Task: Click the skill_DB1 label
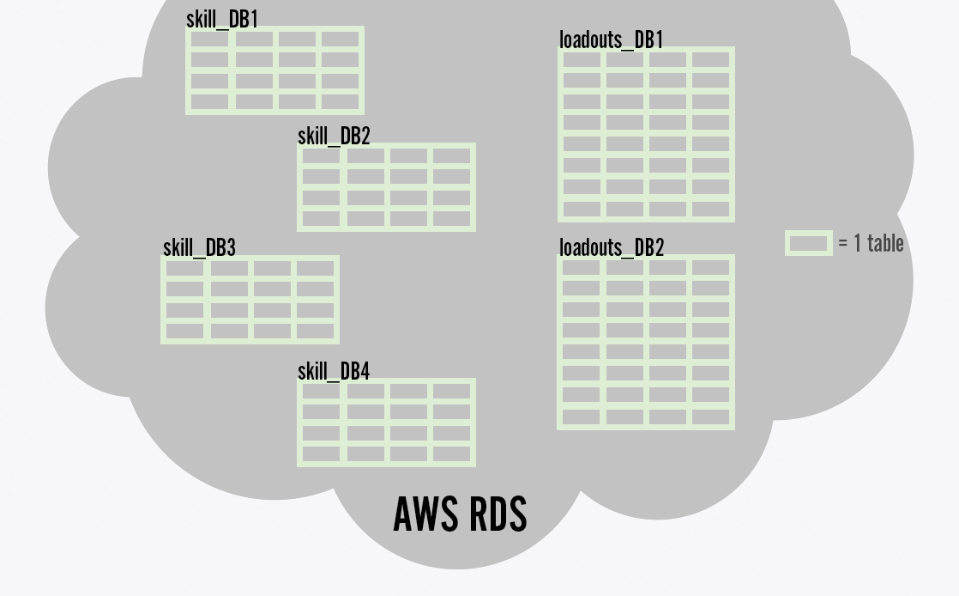click(x=221, y=19)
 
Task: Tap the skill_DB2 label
click(x=334, y=136)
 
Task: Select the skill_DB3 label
click(x=199, y=247)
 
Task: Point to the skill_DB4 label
click(x=334, y=371)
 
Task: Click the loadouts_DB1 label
click(x=611, y=40)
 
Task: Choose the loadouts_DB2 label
click(x=612, y=247)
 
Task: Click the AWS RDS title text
click(x=460, y=514)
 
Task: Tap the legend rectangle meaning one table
click(x=808, y=243)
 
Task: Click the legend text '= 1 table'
click(x=871, y=243)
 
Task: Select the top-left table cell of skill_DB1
click(x=210, y=40)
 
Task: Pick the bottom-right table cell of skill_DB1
click(x=340, y=101)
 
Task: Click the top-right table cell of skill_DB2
click(x=451, y=156)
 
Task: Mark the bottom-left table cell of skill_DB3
click(x=185, y=330)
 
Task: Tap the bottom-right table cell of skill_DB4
click(x=451, y=453)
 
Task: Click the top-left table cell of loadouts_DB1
click(x=582, y=60)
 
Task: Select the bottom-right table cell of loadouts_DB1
click(x=710, y=208)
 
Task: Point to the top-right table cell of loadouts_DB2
click(x=710, y=268)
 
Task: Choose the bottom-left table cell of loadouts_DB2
click(x=582, y=417)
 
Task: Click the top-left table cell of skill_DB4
click(x=322, y=392)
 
